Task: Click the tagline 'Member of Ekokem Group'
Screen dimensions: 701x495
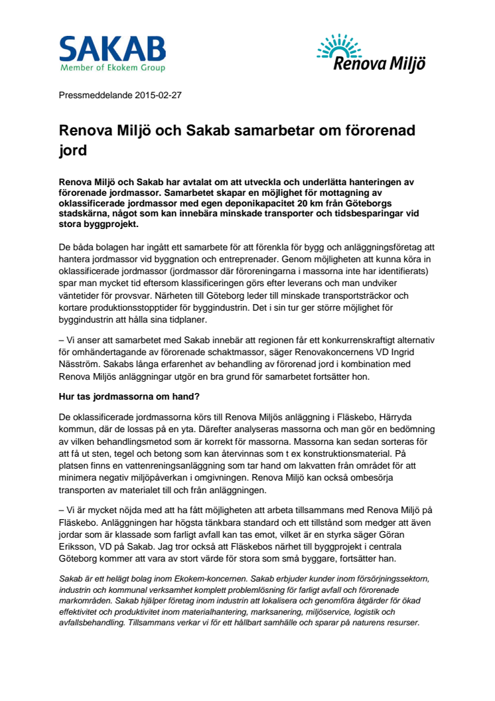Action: click(112, 68)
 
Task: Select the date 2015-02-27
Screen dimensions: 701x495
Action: click(158, 95)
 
